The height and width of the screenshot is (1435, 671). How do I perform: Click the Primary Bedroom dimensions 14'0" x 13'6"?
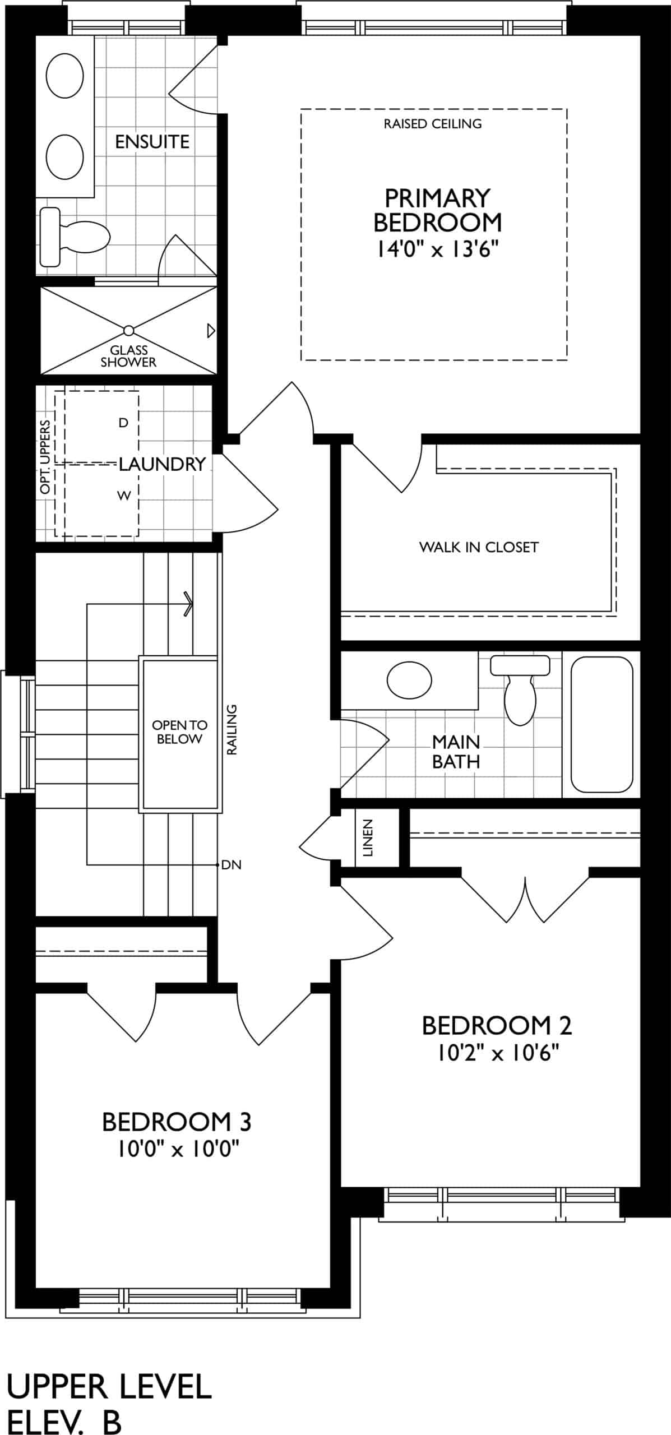point(437,248)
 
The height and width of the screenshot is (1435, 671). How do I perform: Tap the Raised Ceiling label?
point(433,124)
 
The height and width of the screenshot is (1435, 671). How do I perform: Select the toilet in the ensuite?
point(75,237)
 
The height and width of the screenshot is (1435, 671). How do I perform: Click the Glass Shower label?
point(128,357)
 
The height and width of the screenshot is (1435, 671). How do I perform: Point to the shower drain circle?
point(129,330)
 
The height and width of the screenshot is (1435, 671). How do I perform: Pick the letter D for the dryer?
point(123,423)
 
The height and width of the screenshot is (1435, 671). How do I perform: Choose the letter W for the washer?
point(123,496)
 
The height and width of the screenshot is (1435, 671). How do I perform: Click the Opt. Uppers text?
point(45,457)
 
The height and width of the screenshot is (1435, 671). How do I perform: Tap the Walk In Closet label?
point(479,547)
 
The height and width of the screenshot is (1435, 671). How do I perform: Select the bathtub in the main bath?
point(601,724)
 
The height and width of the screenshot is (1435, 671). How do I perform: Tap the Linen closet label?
point(368,838)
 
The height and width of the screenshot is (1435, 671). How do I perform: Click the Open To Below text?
point(179,732)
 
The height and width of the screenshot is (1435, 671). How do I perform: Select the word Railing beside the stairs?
point(232,729)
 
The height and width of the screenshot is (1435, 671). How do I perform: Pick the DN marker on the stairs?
point(231,865)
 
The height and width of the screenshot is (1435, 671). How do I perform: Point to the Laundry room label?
point(163,464)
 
